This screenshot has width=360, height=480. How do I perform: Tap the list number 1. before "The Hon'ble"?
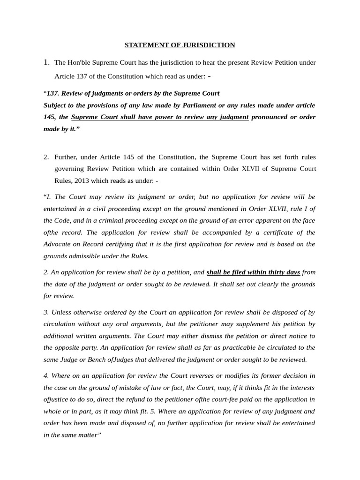tap(46, 62)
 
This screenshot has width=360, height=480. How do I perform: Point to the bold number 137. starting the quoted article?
tap(52, 93)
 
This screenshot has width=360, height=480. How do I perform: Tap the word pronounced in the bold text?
tap(269, 117)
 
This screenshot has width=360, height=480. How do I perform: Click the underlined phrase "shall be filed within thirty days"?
tap(253, 272)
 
